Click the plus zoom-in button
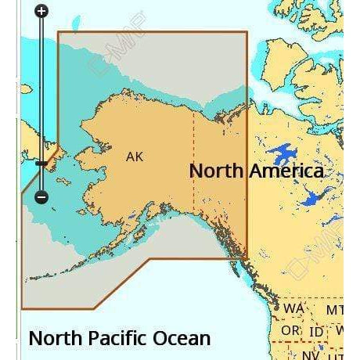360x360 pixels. tap(41, 11)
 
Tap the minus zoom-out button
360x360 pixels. tap(41, 198)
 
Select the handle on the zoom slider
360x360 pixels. tap(41, 163)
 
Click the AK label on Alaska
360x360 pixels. tap(135, 157)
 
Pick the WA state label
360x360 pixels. tap(294, 309)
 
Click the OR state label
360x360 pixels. tap(290, 331)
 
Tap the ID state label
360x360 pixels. tap(317, 332)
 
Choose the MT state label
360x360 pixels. tap(335, 310)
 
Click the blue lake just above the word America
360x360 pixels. tap(280, 153)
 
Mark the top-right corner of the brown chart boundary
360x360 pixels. tap(247, 32)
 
